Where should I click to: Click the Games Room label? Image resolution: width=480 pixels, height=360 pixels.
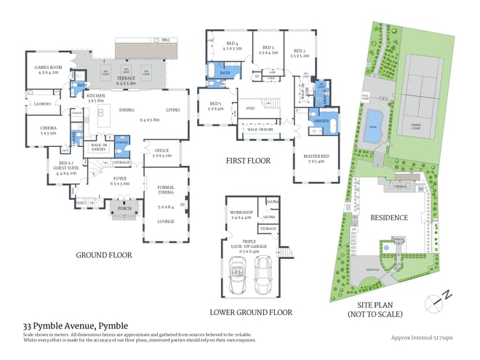tap(40, 69)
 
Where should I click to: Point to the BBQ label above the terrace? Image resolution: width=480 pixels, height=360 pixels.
tap(165, 39)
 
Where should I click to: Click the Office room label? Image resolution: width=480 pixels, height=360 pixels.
tap(162, 153)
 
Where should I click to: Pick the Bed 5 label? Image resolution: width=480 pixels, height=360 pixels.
tap(216, 105)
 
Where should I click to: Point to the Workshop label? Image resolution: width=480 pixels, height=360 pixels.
tap(241, 214)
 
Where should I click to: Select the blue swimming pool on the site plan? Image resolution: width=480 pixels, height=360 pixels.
tap(375, 119)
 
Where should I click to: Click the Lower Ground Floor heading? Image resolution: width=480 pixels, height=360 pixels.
tap(251, 312)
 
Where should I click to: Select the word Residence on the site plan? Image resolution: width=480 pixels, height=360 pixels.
tap(389, 217)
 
